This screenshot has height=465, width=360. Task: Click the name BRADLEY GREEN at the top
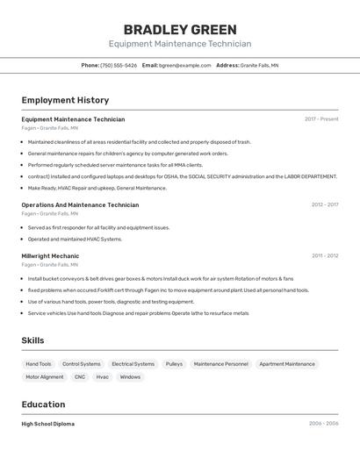[180, 29]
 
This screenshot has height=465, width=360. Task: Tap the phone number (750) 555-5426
[119, 65]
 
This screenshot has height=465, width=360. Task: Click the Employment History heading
[65, 100]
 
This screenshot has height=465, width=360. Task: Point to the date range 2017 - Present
[321, 119]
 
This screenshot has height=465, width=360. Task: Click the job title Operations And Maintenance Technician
[80, 204]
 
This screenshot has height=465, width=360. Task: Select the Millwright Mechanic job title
[50, 255]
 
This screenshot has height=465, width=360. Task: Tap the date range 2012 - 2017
[324, 204]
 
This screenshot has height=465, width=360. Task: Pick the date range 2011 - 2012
[324, 255]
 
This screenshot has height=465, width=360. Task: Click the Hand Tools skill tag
[39, 363]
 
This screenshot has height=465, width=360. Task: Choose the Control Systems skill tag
[82, 363]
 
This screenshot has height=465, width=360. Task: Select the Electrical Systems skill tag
[133, 363]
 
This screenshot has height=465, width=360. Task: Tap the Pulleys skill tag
[174, 363]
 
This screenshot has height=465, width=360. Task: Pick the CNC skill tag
[80, 376]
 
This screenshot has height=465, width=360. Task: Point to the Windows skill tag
[130, 376]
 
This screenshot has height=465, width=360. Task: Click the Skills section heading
[33, 340]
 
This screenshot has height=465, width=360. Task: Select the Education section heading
[43, 404]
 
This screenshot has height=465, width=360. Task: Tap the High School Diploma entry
[48, 424]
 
